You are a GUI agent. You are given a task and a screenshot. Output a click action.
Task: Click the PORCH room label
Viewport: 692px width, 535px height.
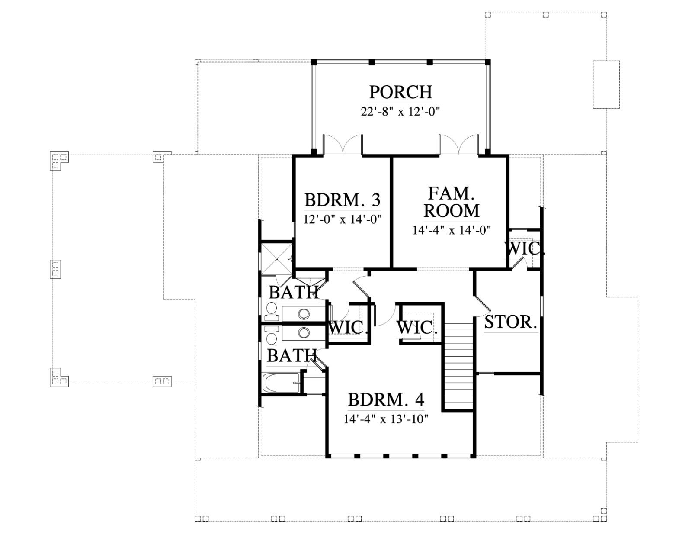pos(400,92)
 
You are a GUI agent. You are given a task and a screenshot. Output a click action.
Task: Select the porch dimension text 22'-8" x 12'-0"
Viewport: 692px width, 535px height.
pos(400,112)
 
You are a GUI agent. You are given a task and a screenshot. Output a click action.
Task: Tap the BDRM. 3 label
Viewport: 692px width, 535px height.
pos(343,200)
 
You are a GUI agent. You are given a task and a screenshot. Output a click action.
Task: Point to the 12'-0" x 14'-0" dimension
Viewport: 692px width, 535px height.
pos(343,219)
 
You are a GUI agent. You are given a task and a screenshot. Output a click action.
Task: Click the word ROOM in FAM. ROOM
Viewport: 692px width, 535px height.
pos(452,211)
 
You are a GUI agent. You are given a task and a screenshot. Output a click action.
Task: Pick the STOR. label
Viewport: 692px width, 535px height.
pos(511,322)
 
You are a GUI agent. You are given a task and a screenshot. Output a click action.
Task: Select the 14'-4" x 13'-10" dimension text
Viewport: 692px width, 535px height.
pos(386,419)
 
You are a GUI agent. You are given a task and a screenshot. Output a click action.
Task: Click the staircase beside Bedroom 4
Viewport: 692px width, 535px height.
pos(458,367)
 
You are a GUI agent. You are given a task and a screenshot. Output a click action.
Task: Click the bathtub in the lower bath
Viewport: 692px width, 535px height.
pos(282,384)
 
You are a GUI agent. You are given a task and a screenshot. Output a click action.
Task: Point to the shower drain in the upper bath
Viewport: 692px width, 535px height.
pos(277,258)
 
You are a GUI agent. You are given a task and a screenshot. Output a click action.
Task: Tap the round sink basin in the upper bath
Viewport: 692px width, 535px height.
pos(304,314)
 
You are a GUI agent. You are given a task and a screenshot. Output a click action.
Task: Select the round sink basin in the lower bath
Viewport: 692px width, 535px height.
pos(304,333)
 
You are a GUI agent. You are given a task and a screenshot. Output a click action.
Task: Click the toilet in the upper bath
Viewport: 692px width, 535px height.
pos(271,311)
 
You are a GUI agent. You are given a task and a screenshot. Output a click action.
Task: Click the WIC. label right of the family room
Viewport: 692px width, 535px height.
pos(525,248)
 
